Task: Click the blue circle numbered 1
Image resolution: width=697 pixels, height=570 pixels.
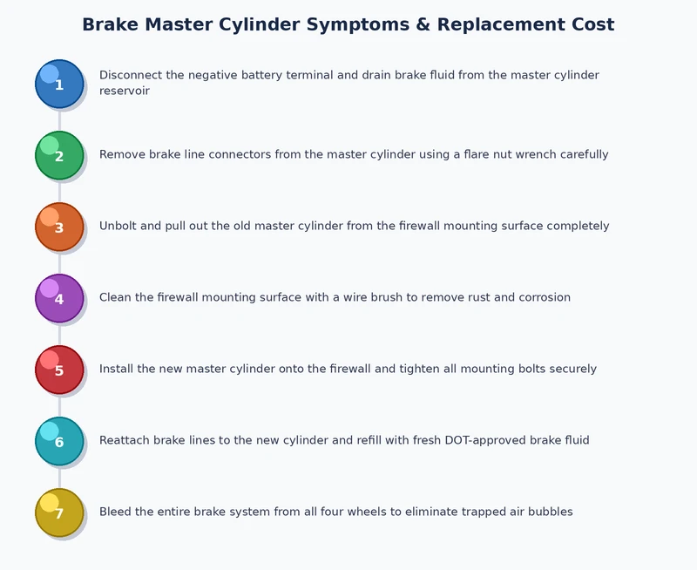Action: (59, 85)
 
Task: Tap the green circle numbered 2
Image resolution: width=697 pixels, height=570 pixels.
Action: (59, 156)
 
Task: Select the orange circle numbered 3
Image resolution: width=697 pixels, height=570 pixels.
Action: (59, 227)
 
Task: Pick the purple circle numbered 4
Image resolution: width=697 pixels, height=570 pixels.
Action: (59, 299)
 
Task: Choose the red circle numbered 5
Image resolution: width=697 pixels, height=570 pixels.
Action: (59, 370)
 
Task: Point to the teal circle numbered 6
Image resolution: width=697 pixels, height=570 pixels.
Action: (59, 442)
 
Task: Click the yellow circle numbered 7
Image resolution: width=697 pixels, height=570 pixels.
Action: (59, 513)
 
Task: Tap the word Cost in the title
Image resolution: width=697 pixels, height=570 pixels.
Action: (586, 25)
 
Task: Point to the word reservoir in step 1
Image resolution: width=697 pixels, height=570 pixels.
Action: (125, 91)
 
